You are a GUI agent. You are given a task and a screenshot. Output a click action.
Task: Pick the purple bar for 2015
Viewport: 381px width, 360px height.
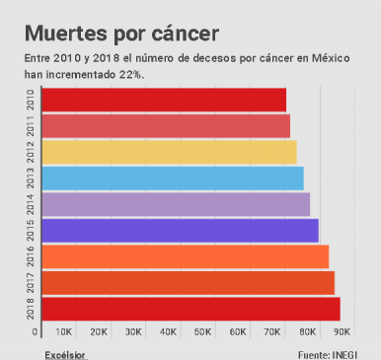pyautogui.click(x=181, y=230)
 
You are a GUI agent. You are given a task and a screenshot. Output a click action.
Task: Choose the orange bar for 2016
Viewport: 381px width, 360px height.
pyautogui.click(x=186, y=256)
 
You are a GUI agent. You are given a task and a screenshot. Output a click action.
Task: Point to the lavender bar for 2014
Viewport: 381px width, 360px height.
pyautogui.click(x=177, y=204)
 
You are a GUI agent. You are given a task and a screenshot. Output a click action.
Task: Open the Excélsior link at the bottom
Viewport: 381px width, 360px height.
pyautogui.click(x=65, y=352)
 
